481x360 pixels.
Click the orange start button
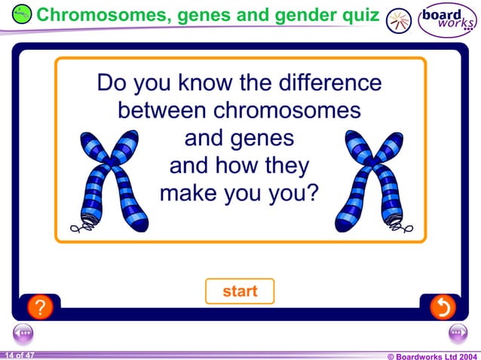pos(240,291)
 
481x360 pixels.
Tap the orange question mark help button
pos(40,307)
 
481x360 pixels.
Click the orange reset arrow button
pos(442,307)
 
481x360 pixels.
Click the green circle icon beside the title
pos(23,14)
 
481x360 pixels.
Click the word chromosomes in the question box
pos(286,111)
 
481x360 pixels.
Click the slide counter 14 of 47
pos(19,355)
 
